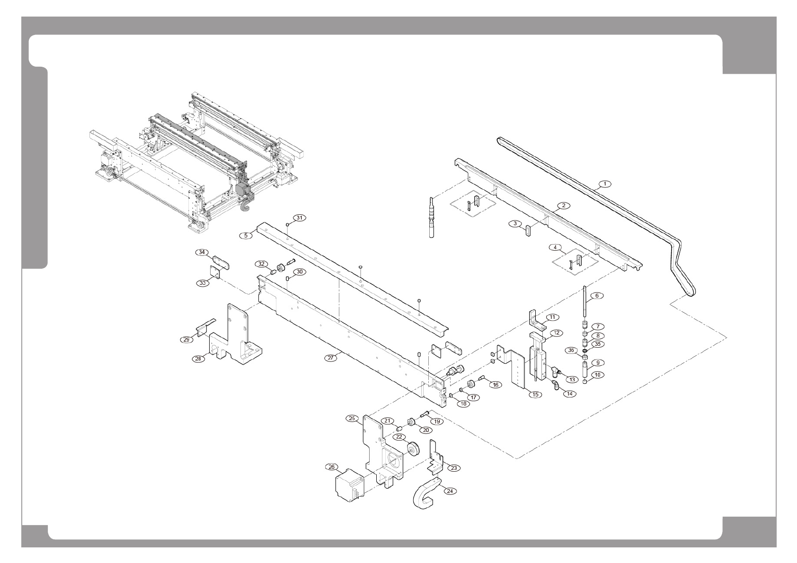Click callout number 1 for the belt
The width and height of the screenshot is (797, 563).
(604, 183)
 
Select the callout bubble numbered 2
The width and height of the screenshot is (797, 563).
(563, 206)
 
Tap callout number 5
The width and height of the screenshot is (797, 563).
(246, 235)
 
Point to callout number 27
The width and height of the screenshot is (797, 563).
(331, 358)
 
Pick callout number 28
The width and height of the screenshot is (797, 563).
(198, 358)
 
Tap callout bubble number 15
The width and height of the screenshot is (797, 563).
(535, 394)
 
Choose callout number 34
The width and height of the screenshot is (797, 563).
(202, 253)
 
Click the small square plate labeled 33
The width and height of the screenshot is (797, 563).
(215, 272)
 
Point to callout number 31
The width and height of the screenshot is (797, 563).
(299, 218)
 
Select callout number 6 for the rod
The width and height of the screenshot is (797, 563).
(597, 296)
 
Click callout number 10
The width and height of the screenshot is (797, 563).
(597, 375)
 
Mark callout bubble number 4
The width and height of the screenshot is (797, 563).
(555, 247)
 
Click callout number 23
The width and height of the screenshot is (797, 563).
(453, 468)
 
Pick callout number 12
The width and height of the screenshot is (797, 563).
(556, 333)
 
